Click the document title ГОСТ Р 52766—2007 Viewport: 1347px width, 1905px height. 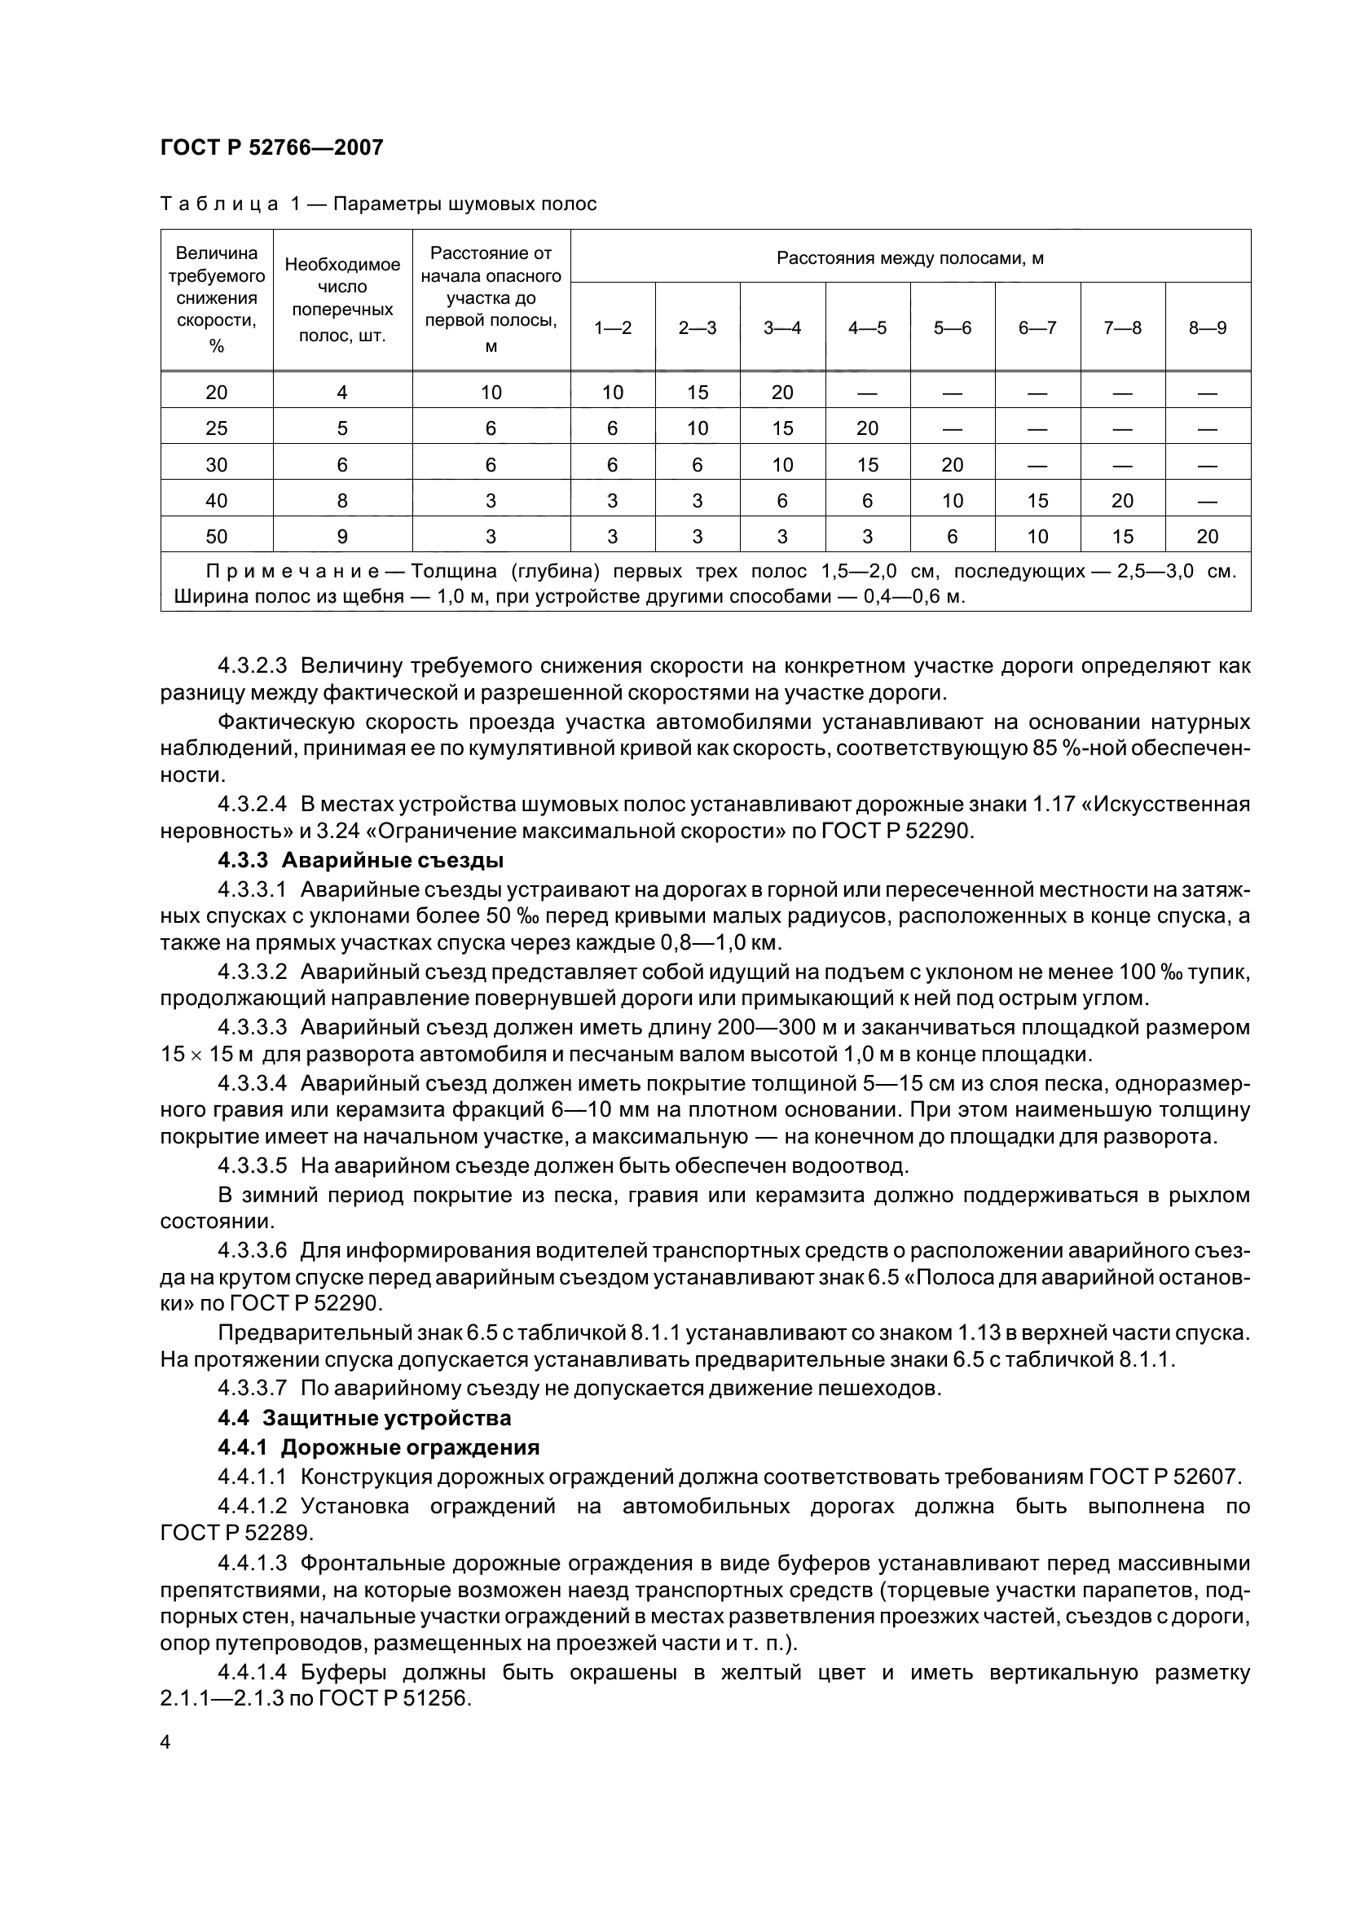click(x=271, y=147)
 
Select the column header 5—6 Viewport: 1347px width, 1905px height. click(x=952, y=327)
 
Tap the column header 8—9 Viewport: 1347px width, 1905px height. click(x=1208, y=327)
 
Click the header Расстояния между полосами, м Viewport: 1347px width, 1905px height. click(x=909, y=258)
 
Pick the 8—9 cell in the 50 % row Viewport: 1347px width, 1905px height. click(x=1208, y=537)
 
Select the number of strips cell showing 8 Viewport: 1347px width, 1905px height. click(x=342, y=500)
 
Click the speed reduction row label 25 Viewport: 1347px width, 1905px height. click(x=216, y=428)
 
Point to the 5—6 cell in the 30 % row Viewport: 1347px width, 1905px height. click(x=952, y=464)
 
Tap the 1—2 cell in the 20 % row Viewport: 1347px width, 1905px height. click(x=613, y=393)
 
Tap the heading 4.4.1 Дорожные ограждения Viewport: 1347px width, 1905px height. click(x=378, y=1448)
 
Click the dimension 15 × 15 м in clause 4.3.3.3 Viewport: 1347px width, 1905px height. click(x=209, y=1056)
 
